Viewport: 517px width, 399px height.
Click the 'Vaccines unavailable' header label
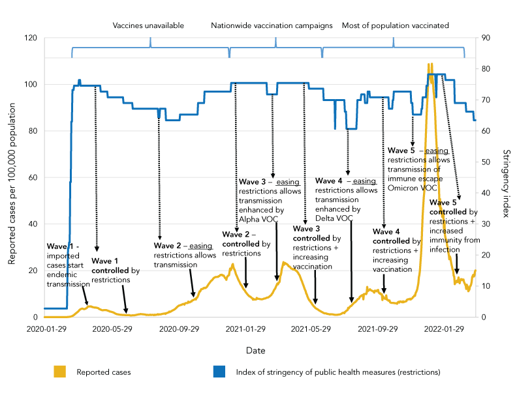(x=148, y=25)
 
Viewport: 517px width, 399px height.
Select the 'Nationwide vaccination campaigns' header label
(x=272, y=25)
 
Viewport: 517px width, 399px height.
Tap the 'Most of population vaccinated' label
(x=395, y=25)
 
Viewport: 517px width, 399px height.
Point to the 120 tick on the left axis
(x=30, y=38)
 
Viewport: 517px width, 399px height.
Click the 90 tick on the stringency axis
(x=486, y=38)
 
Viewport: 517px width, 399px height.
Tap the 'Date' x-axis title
(x=255, y=351)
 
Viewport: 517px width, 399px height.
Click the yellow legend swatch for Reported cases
(x=61, y=372)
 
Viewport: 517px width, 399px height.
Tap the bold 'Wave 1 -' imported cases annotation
(x=63, y=246)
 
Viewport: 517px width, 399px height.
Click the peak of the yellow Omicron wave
(x=429, y=65)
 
